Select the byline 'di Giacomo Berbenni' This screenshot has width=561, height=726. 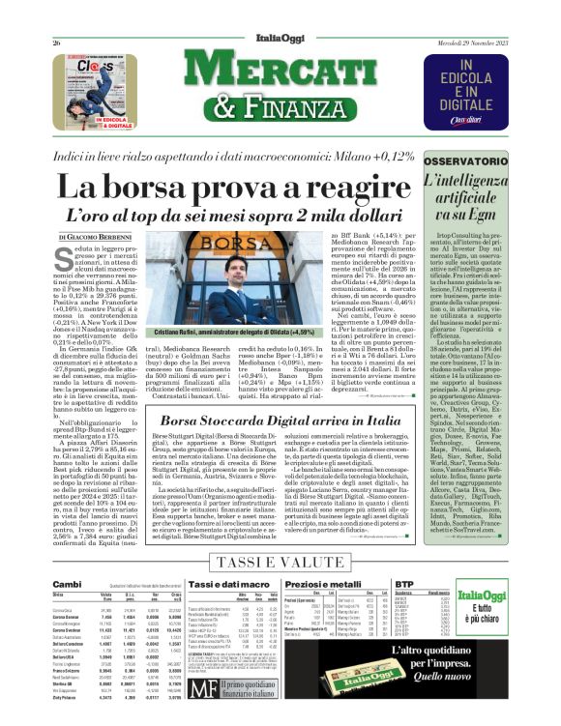tap(93, 238)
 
